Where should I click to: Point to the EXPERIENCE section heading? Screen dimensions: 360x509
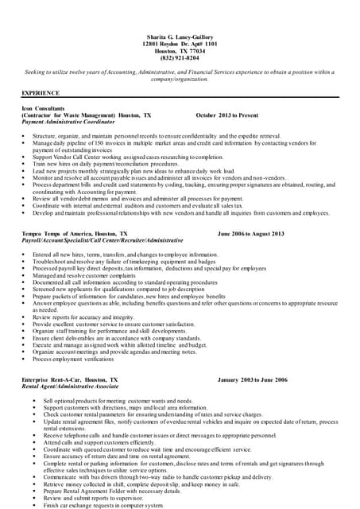point(41,93)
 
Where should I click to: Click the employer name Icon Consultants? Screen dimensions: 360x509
point(43,108)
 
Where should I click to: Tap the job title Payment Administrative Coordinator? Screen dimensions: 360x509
point(68,122)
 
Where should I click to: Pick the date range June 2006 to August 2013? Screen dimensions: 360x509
point(250,235)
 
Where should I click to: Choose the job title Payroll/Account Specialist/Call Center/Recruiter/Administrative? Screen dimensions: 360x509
point(103,241)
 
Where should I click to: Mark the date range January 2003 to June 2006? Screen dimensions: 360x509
point(252,380)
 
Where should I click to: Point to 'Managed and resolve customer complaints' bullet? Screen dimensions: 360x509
point(88,275)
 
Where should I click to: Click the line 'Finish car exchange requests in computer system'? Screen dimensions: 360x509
point(104,505)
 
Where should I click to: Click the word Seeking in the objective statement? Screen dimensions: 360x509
point(37,72)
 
